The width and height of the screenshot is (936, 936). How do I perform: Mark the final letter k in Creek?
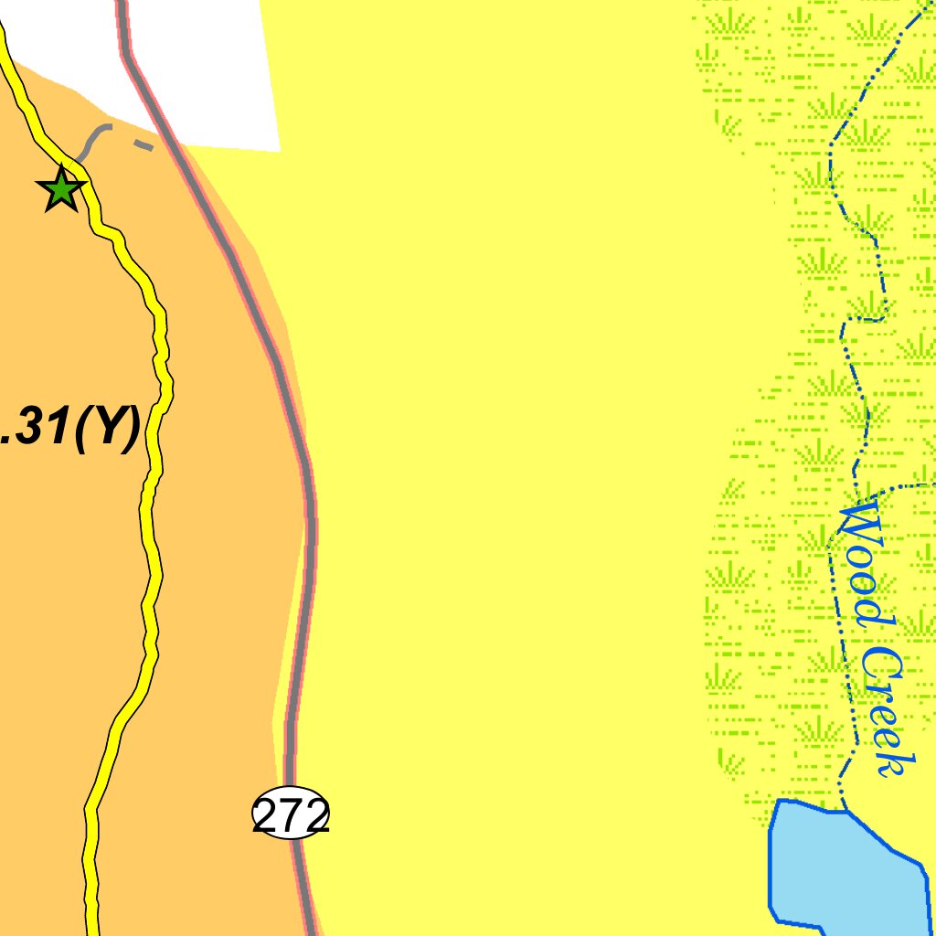(x=894, y=763)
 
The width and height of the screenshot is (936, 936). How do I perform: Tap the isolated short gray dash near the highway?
(x=143, y=144)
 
